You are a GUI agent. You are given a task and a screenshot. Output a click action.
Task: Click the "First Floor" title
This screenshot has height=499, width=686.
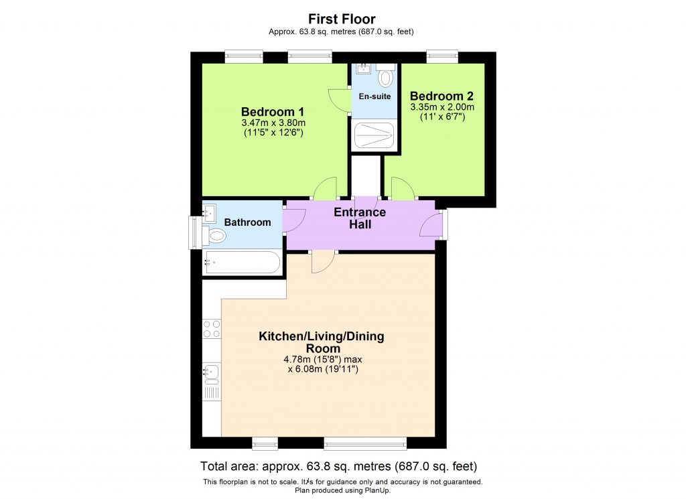point(342,19)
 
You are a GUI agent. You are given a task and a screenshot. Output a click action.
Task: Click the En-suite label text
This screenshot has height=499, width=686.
point(374,96)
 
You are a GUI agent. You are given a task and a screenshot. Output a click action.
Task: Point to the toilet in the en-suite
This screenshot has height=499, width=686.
point(385,77)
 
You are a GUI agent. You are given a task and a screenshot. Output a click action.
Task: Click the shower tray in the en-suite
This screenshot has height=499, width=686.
point(374,135)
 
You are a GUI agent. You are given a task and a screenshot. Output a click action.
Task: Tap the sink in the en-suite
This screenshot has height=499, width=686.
point(363,68)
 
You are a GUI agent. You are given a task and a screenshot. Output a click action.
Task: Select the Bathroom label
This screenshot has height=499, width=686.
point(247,222)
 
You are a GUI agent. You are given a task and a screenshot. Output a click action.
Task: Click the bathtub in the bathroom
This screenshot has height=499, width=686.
point(242,263)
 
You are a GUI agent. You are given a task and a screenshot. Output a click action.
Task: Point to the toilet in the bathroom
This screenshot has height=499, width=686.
point(216,236)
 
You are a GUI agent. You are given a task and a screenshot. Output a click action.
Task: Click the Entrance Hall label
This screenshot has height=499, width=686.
point(360,218)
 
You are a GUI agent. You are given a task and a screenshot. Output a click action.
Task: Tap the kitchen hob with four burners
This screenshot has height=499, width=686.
point(212,328)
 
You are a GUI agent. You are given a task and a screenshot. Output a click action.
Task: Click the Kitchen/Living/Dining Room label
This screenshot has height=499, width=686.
point(322,342)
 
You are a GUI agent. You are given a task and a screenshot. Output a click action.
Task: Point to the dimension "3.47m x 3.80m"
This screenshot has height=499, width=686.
point(273,123)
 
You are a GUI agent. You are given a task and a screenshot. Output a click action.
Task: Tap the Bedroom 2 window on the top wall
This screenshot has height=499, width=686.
point(442,58)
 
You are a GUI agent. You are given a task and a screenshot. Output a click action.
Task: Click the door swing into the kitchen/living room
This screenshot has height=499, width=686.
point(322,263)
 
